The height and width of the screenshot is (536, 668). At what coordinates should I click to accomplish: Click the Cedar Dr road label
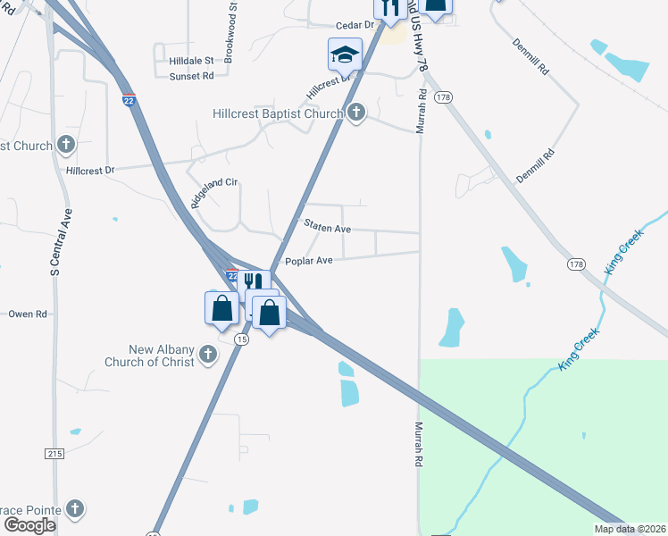pos(353,25)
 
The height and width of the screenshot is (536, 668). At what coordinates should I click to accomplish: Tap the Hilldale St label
pos(191,61)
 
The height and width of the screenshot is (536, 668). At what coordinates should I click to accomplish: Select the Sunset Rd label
pos(191,76)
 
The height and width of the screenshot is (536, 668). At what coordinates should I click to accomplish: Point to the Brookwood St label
pos(232,29)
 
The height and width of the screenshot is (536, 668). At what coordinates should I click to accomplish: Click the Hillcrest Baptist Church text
pos(278,113)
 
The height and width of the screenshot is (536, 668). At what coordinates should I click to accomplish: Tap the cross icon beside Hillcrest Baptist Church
pos(356,113)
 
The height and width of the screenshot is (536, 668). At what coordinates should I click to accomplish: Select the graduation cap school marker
pos(345,54)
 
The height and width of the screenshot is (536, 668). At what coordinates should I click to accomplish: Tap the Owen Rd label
pos(26,314)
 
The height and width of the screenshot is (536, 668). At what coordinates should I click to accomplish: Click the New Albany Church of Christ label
pos(149,355)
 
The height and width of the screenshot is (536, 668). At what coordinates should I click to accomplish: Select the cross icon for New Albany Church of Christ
pos(207,355)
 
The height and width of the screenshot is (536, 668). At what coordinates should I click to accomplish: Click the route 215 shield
pos(55,454)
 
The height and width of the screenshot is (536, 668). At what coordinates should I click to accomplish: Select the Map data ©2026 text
pos(629,529)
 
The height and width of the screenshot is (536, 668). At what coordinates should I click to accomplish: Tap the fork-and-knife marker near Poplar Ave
pos(254,281)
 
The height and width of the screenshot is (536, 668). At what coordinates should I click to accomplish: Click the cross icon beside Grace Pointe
pos(76,509)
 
